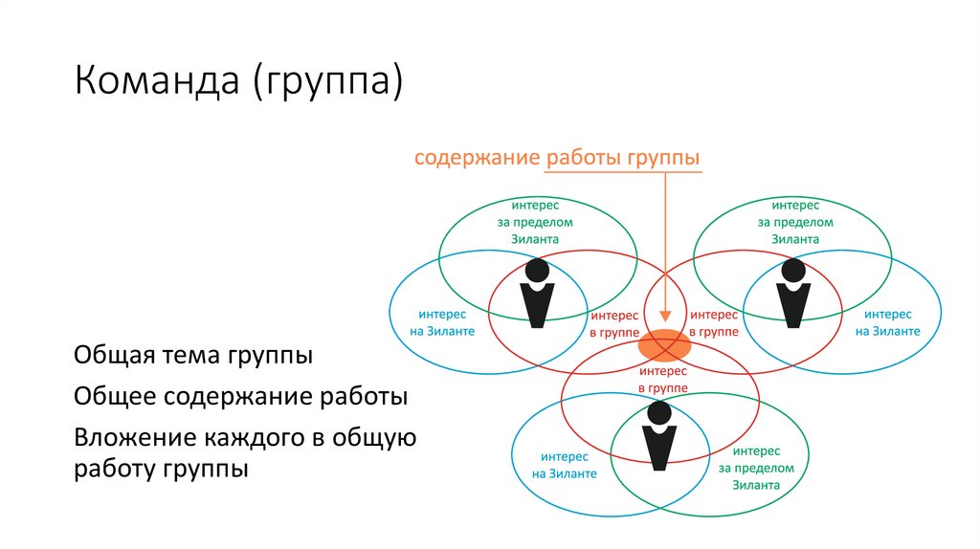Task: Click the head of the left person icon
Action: (x=537, y=269)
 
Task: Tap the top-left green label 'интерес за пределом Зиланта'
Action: (x=536, y=222)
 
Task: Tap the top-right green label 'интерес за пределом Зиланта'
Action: (x=795, y=222)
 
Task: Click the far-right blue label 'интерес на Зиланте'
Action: (x=888, y=322)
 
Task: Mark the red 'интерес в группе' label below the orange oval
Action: (x=663, y=378)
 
